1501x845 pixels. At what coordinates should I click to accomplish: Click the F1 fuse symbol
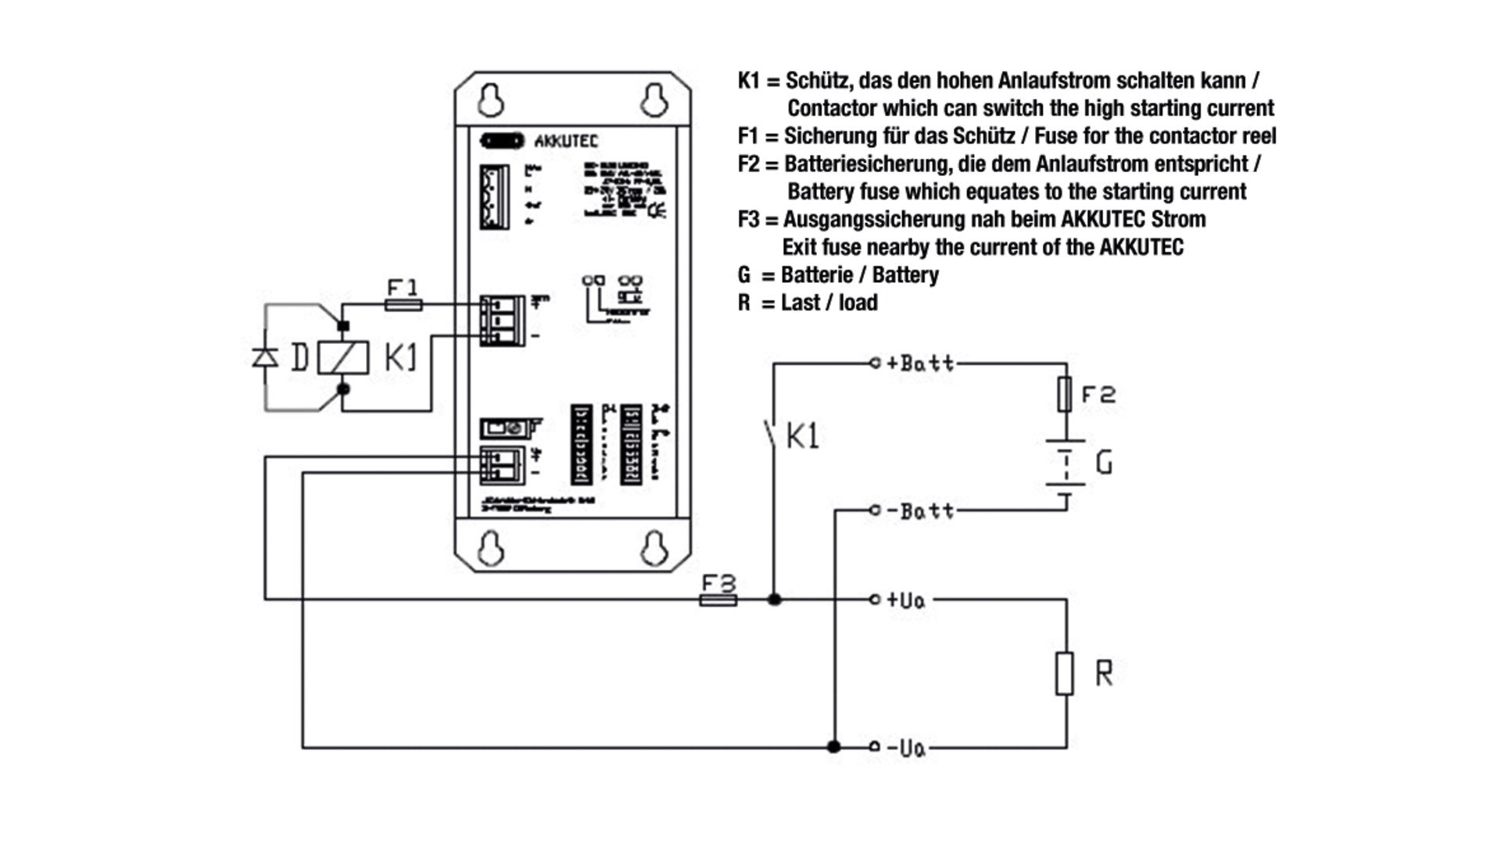403,305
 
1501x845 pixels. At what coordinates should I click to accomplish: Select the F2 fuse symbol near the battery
1064,394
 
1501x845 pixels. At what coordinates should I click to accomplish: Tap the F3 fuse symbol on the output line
717,600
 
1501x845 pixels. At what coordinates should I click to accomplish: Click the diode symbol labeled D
265,357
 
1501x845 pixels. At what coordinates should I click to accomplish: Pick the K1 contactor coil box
343,357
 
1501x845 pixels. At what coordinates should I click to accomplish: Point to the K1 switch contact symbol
771,435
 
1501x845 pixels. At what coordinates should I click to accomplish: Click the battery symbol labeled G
1066,464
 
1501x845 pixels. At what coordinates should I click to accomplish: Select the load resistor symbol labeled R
1065,673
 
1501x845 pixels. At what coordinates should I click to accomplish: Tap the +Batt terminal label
919,363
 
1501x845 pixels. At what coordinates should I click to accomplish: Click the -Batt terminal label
919,511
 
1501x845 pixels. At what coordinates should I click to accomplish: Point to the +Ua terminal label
905,600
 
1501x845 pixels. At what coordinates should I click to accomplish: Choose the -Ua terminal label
905,749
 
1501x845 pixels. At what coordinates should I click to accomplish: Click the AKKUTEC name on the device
566,141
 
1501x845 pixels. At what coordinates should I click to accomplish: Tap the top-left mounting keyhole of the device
491,100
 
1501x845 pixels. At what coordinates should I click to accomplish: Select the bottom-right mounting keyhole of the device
654,549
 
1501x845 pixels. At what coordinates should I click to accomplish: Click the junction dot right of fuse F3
774,600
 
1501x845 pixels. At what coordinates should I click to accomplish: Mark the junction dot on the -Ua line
834,747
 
